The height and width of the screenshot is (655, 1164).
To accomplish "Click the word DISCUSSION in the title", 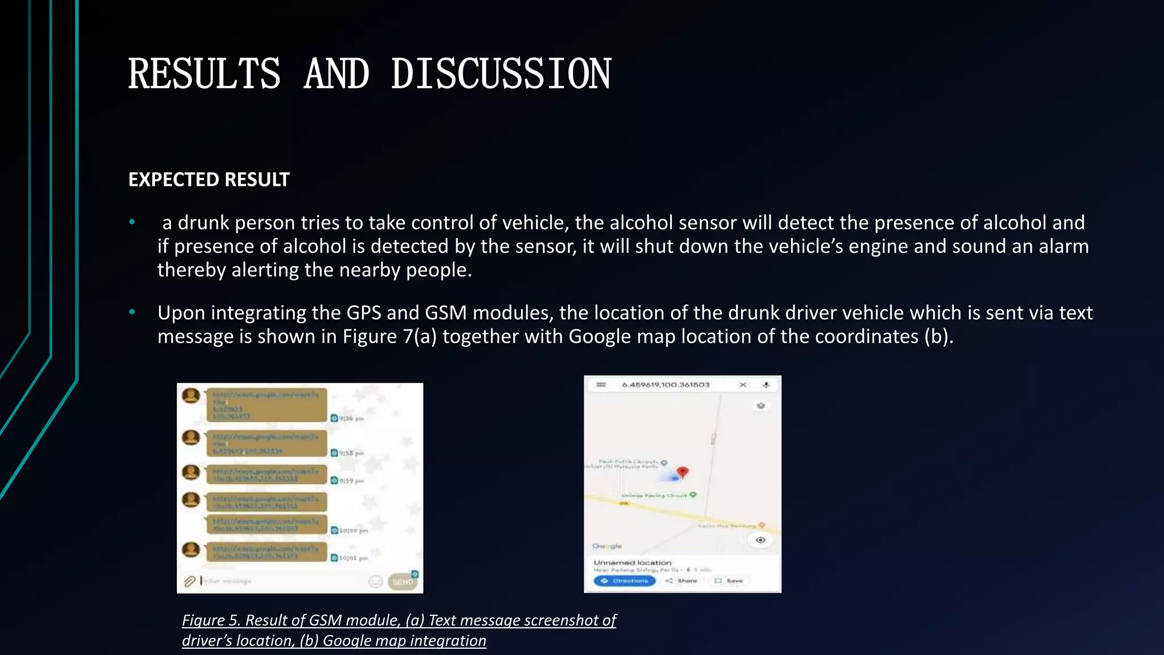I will tap(501, 74).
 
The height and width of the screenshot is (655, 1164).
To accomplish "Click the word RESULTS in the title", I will tap(204, 74).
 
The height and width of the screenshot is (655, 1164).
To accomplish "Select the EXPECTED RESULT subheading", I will tap(209, 180).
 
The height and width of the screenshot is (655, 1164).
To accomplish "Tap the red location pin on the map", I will tap(683, 472).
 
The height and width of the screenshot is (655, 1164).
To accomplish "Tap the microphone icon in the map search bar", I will tap(766, 385).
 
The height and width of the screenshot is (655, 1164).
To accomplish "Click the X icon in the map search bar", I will tap(742, 385).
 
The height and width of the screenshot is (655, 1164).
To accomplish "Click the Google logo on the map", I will tap(607, 546).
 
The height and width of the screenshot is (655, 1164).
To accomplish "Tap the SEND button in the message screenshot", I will tap(403, 582).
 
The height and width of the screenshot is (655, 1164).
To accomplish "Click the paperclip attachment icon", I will tap(189, 581).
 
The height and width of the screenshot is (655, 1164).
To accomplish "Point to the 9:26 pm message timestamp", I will tap(351, 418).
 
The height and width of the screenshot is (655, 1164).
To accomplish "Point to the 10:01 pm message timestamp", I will tap(353, 558).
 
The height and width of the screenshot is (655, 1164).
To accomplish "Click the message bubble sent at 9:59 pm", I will tap(266, 474).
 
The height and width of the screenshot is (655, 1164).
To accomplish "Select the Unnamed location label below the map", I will tap(632, 562).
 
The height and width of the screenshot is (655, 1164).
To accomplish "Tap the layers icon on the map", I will tap(760, 405).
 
